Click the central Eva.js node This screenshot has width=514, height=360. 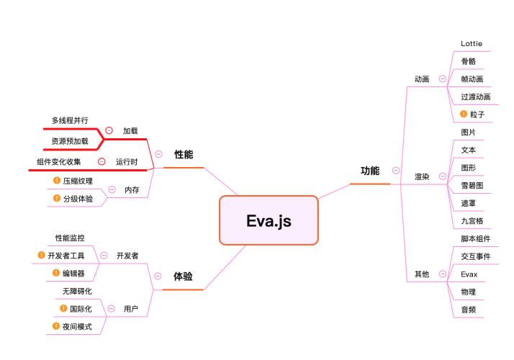click(x=269, y=220)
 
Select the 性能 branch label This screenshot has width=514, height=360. click(x=184, y=154)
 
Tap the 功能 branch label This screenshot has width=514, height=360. click(x=370, y=171)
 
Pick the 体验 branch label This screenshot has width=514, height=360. click(x=183, y=276)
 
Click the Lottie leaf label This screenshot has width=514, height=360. click(x=472, y=44)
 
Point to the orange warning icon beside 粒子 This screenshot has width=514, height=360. click(x=464, y=114)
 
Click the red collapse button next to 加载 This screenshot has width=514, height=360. click(x=109, y=130)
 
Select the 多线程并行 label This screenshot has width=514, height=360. click(x=70, y=120)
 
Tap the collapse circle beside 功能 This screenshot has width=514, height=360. click(x=396, y=171)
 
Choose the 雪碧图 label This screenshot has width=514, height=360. click(x=472, y=186)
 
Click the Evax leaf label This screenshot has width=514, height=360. click(x=469, y=274)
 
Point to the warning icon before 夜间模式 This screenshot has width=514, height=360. click(x=56, y=326)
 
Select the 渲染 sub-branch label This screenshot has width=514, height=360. click(x=422, y=176)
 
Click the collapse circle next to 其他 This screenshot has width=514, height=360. click(x=443, y=274)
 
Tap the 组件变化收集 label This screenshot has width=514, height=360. click(x=59, y=161)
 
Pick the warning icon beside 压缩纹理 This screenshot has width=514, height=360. click(x=57, y=180)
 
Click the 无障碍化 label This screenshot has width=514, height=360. click(x=77, y=291)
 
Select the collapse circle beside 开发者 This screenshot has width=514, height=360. click(x=104, y=256)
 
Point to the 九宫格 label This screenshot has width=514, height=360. click(x=472, y=221)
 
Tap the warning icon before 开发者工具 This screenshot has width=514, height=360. click(x=41, y=255)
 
